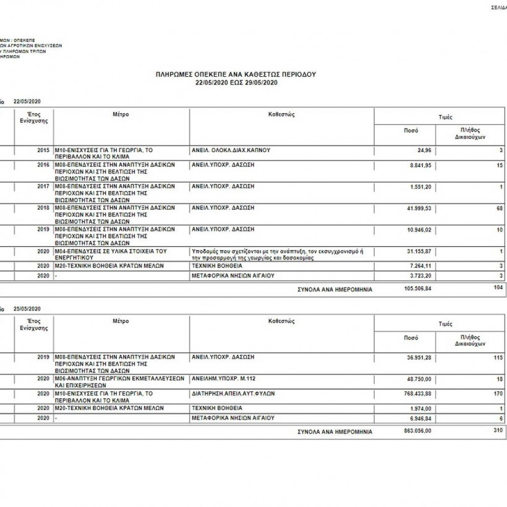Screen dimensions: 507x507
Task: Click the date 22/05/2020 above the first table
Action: click(27, 101)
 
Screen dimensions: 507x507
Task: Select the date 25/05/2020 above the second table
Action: click(27, 309)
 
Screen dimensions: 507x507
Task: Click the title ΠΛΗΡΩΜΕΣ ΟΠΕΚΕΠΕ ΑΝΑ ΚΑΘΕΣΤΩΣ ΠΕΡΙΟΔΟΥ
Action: click(236, 74)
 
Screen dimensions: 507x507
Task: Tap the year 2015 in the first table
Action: click(43, 150)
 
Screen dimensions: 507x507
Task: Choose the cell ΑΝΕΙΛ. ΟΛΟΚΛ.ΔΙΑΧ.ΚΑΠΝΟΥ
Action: click(231, 150)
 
